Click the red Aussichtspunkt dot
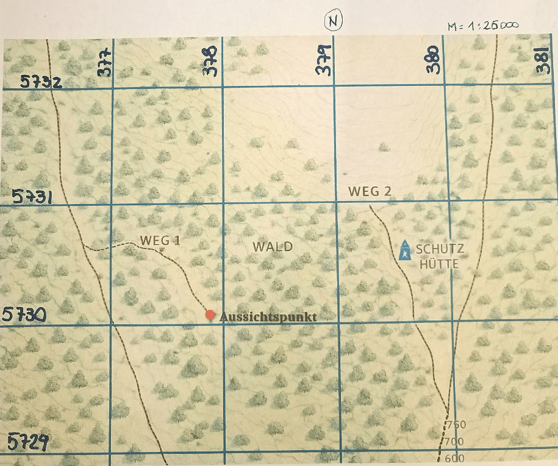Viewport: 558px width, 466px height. (x=210, y=315)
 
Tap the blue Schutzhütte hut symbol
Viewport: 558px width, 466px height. (x=404, y=250)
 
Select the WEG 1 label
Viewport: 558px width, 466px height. (x=160, y=240)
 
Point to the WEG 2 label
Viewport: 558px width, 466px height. (x=370, y=191)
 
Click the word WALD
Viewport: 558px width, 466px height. (x=273, y=247)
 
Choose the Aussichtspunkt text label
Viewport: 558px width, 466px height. (x=268, y=317)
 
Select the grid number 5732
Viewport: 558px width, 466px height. (x=41, y=82)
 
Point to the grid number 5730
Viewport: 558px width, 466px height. (x=24, y=314)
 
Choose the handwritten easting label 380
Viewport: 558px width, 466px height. (x=434, y=60)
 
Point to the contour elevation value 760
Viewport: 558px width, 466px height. (x=456, y=425)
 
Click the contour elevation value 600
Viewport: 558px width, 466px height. (x=455, y=459)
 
